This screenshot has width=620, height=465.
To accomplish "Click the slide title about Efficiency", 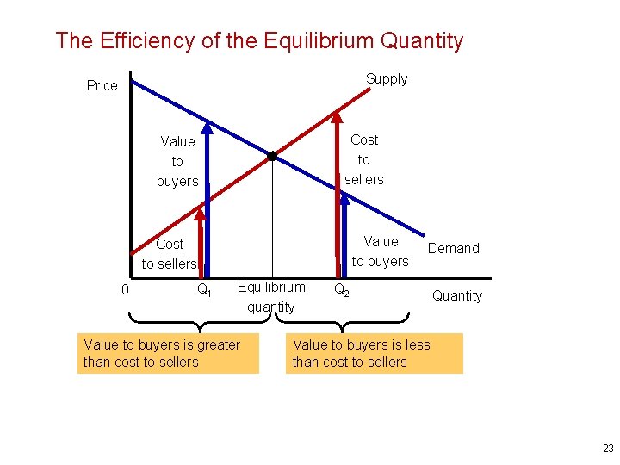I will pos(259,40).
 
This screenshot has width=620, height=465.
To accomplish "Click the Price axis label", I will pos(102,85).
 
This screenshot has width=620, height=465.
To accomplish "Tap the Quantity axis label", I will pos(456,295).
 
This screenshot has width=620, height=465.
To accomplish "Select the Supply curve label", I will pos(386,79).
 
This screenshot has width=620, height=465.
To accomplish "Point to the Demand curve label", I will pos(453,248).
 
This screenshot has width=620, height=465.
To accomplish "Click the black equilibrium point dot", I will pos(271,156).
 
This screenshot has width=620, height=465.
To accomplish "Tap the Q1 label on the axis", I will pos(204,290).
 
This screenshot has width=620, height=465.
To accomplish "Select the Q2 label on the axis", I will pos(341,289).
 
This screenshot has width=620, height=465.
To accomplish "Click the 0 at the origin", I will pos(125,290).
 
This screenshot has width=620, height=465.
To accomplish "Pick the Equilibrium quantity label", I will pos(270,297).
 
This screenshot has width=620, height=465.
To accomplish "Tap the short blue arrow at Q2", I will pos(345,232).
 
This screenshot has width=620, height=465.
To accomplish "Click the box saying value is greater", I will pos(168,353).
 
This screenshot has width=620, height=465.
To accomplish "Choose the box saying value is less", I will pos(375,353).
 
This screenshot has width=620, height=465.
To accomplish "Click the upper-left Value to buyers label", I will pos(177,161).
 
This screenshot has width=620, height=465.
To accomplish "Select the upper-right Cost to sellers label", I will pos(364,159).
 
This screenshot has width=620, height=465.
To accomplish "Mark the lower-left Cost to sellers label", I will pos(169,254).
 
